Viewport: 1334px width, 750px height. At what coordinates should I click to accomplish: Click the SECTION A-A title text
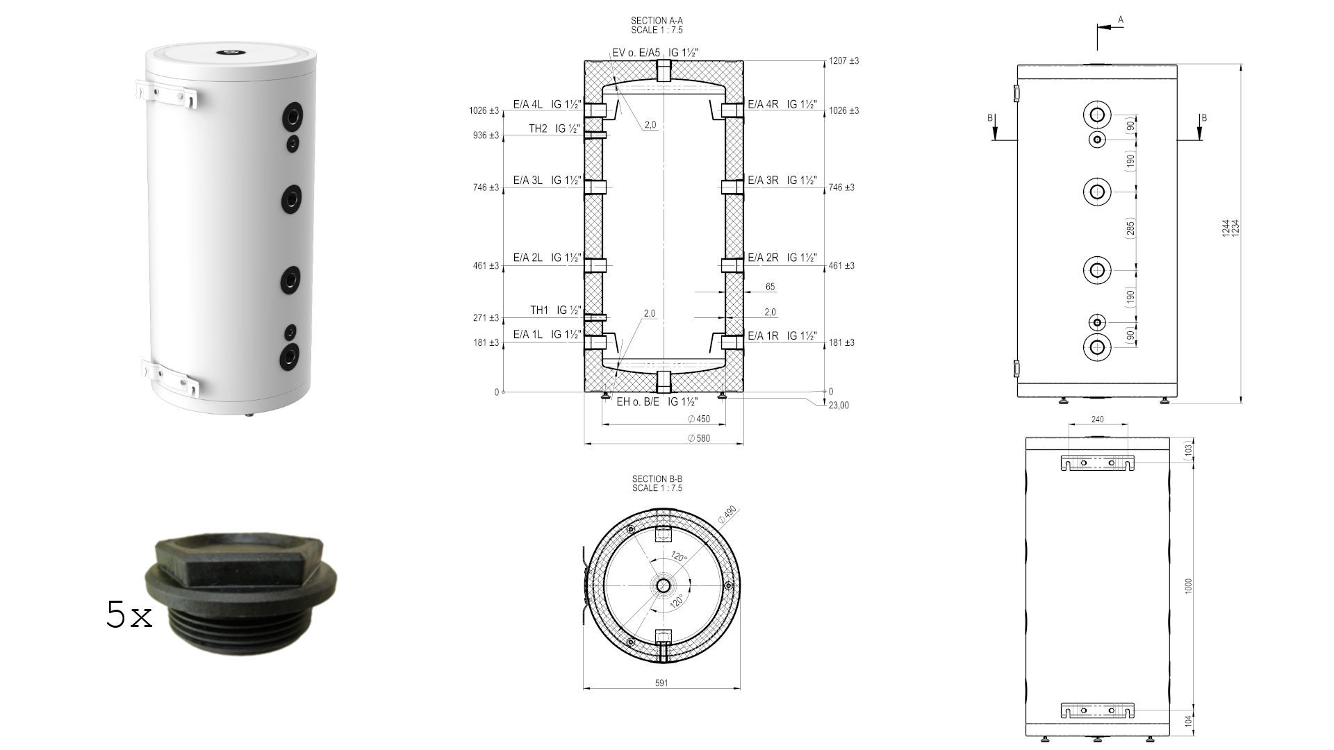pyautogui.click(x=657, y=26)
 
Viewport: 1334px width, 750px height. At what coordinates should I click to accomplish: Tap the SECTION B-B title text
pyautogui.click(x=657, y=483)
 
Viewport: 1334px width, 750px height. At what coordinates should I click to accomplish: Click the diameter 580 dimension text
pyautogui.click(x=699, y=438)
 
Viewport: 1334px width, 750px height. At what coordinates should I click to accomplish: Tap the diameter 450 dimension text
pyautogui.click(x=699, y=419)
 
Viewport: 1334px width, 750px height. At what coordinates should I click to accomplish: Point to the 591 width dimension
pyautogui.click(x=661, y=683)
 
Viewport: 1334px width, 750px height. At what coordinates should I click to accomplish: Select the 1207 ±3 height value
pyautogui.click(x=843, y=61)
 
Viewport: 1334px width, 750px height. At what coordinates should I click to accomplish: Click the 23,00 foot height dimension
pyautogui.click(x=839, y=406)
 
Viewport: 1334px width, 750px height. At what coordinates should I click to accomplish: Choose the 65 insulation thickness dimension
pyautogui.click(x=770, y=287)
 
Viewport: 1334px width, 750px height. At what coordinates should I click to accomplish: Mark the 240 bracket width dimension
pyautogui.click(x=1097, y=419)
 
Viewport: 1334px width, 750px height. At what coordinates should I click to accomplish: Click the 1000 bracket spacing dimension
pyautogui.click(x=1188, y=586)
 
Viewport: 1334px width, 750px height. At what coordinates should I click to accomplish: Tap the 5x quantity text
pyautogui.click(x=129, y=615)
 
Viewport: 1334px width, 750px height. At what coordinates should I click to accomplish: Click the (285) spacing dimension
pyautogui.click(x=1130, y=228)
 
